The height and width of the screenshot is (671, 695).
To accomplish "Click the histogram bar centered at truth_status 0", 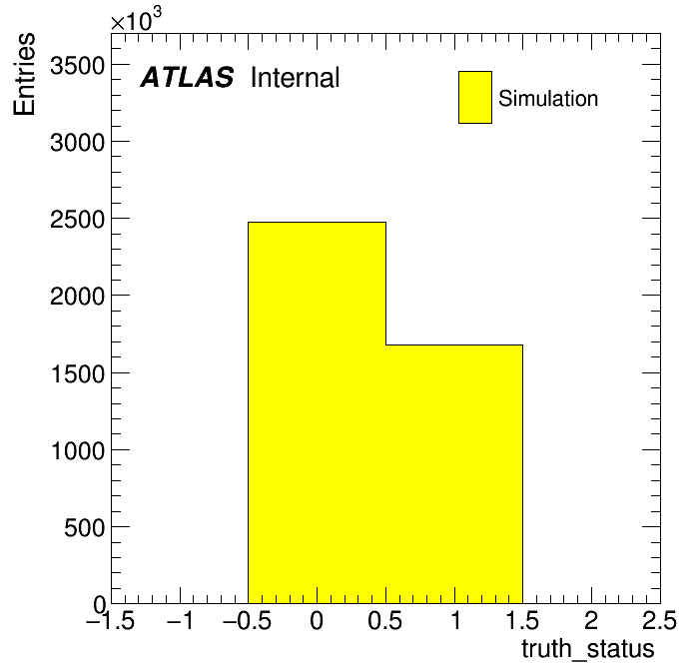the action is coord(317,412).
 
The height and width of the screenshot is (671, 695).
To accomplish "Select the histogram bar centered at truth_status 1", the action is coord(454,474).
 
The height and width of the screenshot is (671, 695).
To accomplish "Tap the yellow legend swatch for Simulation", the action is coord(475,97).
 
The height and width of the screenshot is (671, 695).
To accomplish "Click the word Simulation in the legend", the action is coord(548,98).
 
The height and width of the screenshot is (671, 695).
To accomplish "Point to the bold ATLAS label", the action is coord(187,77).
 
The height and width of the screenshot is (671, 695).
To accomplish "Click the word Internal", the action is coord(296,77).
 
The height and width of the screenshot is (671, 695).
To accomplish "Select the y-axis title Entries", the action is coord(24,74).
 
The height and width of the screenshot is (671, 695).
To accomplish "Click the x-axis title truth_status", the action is coord(588,650).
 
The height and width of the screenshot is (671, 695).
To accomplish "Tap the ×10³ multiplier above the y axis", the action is coord(137,19).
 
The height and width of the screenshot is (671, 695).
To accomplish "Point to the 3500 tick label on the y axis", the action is coord(78,66).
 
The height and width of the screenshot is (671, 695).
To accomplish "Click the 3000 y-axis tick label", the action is coord(78,143).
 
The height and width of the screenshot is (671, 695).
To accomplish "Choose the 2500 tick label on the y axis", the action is coord(78,220).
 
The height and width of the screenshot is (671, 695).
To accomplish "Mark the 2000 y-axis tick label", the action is coord(78,296).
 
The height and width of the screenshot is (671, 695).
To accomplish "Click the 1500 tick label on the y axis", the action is coord(78,373).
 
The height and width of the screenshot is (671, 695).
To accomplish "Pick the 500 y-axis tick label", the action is coord(84,527).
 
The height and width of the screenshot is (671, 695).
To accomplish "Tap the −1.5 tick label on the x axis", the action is coord(110,620).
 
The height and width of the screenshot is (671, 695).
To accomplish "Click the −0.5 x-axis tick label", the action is coord(247,620).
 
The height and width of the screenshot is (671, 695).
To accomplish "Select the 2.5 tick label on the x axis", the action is coord(659,620).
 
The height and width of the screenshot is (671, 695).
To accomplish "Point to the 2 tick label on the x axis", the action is coord(591,620).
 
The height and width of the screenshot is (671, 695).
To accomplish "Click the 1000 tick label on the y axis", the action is coord(78,450).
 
